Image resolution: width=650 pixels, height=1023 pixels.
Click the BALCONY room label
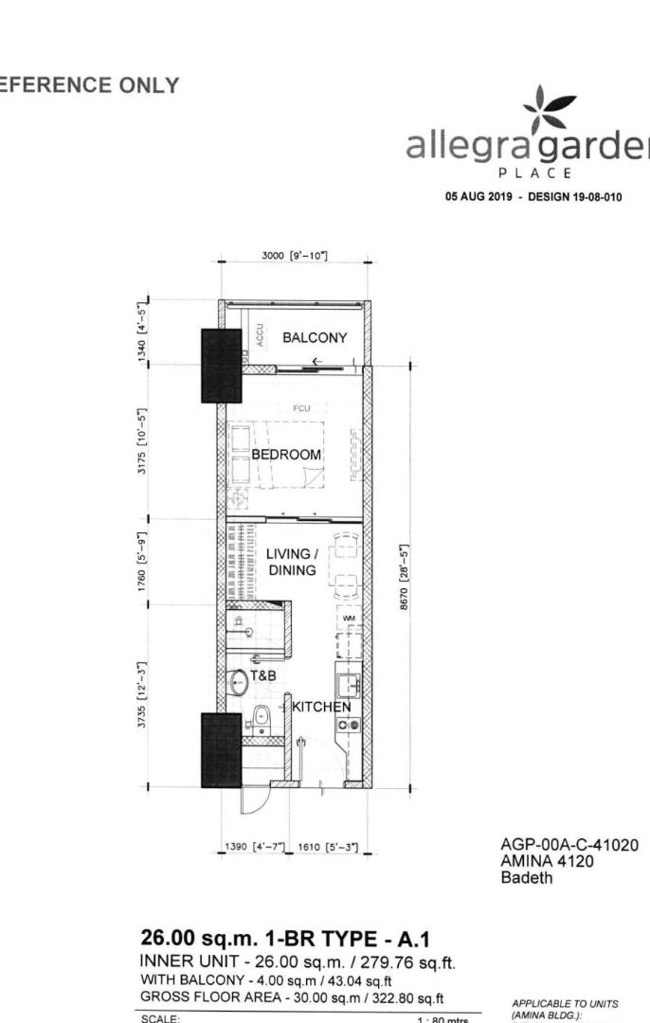coord(315,338)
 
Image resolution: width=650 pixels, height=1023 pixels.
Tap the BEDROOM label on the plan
coord(287,455)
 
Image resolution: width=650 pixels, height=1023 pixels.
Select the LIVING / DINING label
coord(291,563)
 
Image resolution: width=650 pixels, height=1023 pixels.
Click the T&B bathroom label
coord(262,676)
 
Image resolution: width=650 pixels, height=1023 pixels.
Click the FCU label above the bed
coord(302,407)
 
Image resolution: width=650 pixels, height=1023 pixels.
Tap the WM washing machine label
coord(348,618)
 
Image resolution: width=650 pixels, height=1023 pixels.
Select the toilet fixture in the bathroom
coord(261,720)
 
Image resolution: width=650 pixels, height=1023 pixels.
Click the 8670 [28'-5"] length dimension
coord(404,578)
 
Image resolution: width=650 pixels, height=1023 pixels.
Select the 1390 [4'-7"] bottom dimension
coord(248,847)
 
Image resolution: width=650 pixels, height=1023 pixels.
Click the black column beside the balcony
coord(221,366)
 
